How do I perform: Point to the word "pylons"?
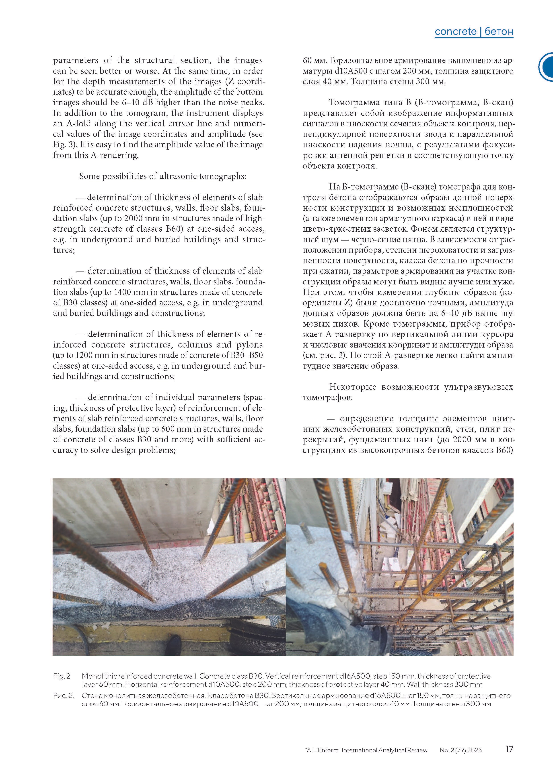click(x=245, y=345)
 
